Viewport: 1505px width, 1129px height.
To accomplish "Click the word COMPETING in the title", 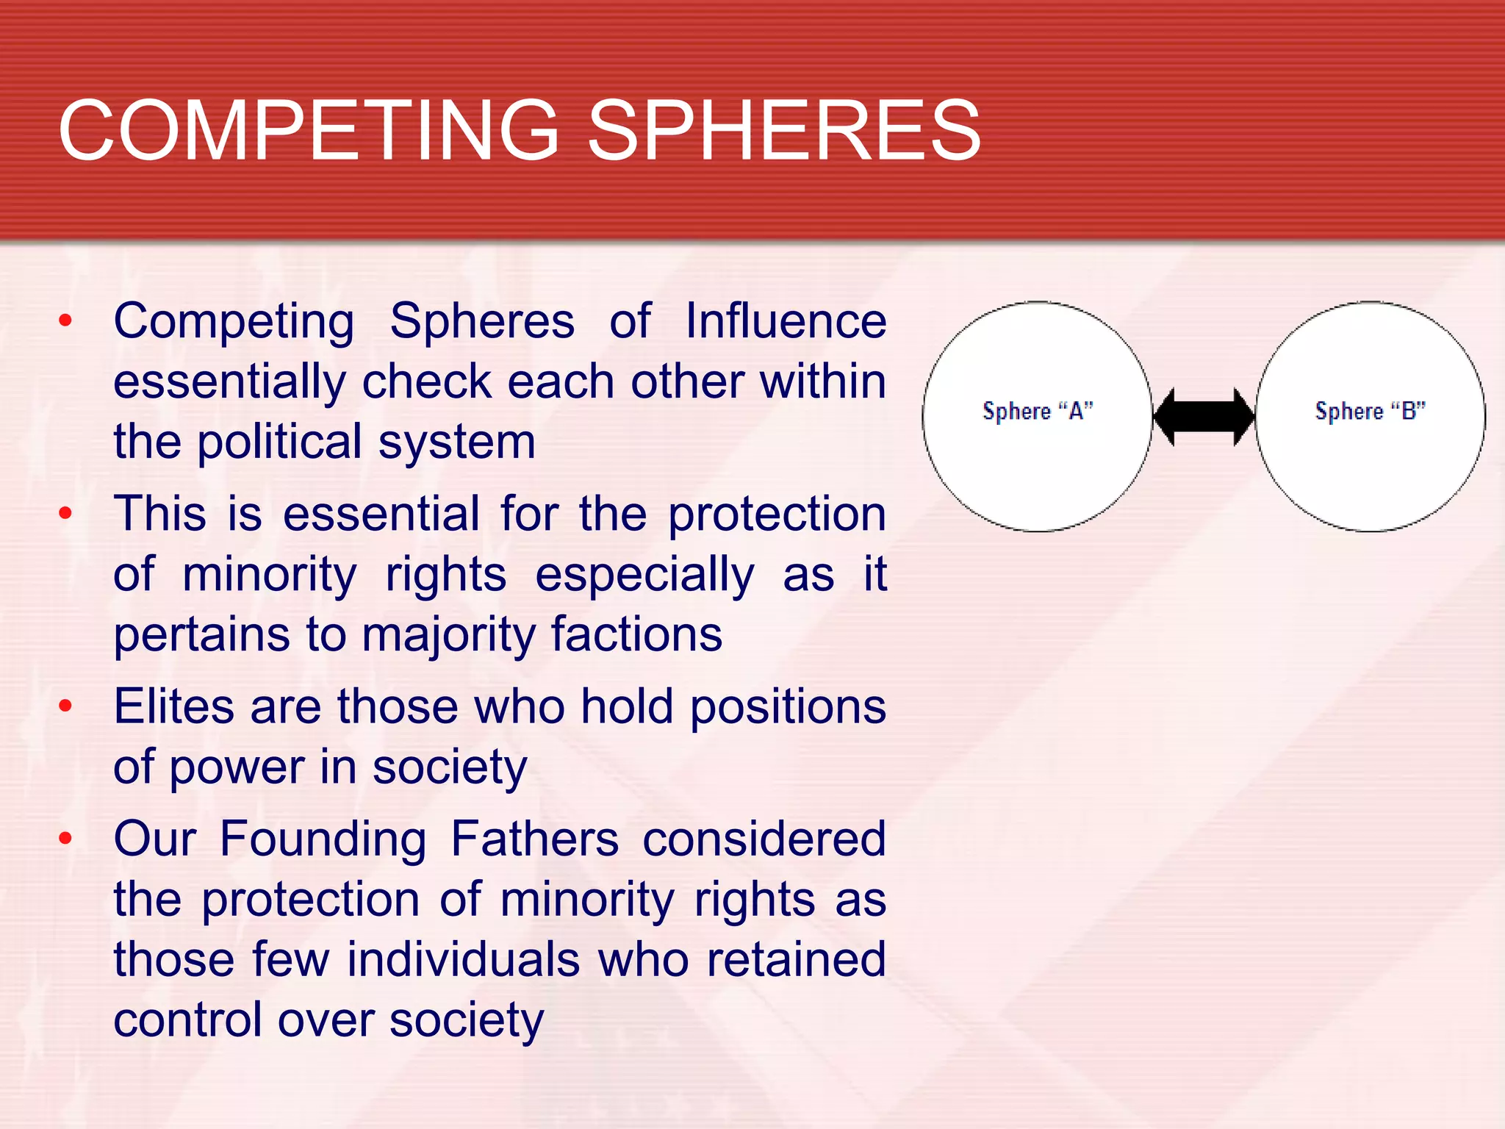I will coord(309,131).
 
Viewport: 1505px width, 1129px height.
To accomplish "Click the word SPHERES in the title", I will coord(784,131).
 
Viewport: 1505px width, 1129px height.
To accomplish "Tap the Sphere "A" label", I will coord(1037,411).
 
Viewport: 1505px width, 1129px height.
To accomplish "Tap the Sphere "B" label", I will coord(1370,411).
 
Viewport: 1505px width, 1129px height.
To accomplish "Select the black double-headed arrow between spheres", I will coord(1204,417).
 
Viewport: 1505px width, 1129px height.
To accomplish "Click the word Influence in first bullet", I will coord(786,321).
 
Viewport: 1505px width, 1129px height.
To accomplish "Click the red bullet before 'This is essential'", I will coord(65,513).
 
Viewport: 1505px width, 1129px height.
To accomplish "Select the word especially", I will coord(644,574).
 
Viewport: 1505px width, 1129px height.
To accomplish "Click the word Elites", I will coord(173,706).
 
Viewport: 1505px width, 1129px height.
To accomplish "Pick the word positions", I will coord(788,707).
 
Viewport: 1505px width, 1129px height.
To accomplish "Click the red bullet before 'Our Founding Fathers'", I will coord(65,838).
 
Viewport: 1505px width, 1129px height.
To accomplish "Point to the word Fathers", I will coord(534,839).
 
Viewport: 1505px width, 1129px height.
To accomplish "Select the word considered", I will coord(764,839).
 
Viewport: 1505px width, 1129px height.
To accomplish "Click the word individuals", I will coord(464,959).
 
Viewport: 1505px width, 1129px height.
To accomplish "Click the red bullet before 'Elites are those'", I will coord(65,706).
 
